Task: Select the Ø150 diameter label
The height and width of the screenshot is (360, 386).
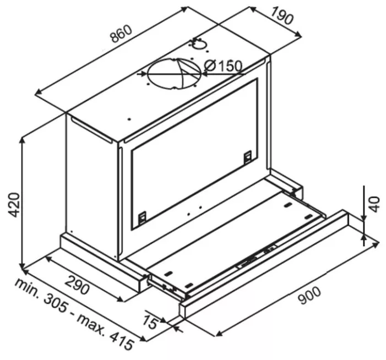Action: pyautogui.click(x=223, y=66)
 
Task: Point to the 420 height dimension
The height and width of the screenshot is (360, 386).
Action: pyautogui.click(x=14, y=205)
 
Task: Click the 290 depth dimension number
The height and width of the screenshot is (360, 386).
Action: pyautogui.click(x=77, y=285)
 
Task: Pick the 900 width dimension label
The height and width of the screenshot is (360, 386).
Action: pyautogui.click(x=309, y=296)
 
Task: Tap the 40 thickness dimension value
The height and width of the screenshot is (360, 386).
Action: pyautogui.click(x=374, y=204)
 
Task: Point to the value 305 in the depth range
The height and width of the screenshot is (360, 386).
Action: pyautogui.click(x=56, y=304)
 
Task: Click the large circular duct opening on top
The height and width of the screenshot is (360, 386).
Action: pyautogui.click(x=175, y=74)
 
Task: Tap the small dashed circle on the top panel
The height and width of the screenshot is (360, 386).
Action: pyautogui.click(x=199, y=45)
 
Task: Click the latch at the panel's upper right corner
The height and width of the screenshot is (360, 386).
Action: pyautogui.click(x=247, y=157)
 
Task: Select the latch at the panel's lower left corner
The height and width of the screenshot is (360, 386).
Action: pyautogui.click(x=142, y=218)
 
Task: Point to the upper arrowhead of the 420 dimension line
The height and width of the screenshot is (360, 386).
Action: pyautogui.click(x=23, y=141)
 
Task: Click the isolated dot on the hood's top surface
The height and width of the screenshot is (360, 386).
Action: pyautogui.click(x=129, y=119)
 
